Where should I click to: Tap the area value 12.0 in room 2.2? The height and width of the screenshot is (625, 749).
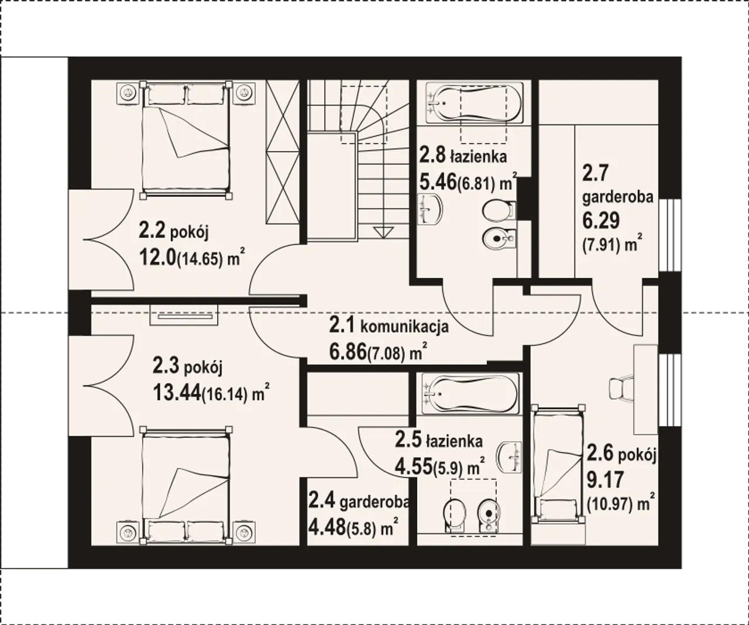coord(157,257)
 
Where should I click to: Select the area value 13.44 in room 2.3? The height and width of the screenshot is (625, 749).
coord(177,393)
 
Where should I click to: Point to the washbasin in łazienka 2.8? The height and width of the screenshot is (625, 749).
coord(431,209)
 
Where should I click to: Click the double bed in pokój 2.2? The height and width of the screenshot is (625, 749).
coord(186,139)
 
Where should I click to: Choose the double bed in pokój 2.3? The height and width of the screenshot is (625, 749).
coord(186,486)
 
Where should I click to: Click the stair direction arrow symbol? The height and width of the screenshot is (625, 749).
coord(383,232)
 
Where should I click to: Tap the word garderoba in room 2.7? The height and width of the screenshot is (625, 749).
coord(618,197)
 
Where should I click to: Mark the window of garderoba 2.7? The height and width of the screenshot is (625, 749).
coord(669,235)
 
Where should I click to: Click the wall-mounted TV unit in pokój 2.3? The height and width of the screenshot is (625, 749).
coord(184,315)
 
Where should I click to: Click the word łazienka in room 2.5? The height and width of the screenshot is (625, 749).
coord(454,442)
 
